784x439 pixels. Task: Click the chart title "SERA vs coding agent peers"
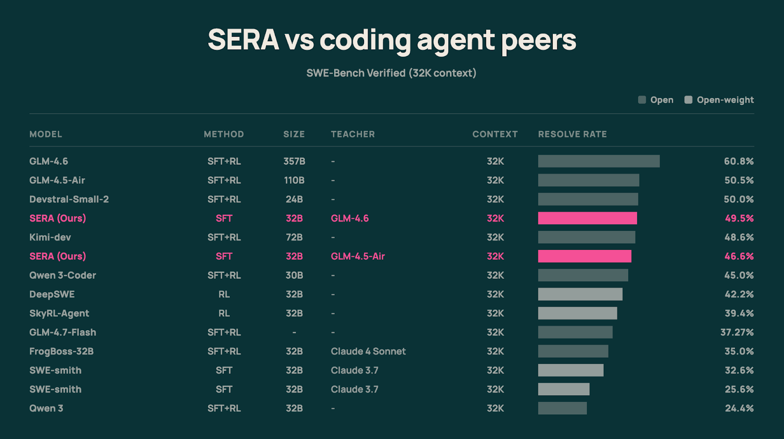(392, 40)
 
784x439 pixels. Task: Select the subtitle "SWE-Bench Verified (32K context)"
(391, 73)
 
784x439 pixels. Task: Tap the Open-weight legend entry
(719, 100)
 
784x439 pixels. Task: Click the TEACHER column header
(353, 134)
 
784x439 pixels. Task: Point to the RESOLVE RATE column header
(572, 134)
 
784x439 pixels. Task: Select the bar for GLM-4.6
(599, 161)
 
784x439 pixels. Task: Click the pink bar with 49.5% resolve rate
(588, 219)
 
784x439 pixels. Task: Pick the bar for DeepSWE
(580, 294)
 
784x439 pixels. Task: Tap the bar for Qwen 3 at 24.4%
(562, 408)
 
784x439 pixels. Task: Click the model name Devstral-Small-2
(69, 199)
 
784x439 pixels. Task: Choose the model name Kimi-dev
(50, 237)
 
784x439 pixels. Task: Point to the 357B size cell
(294, 161)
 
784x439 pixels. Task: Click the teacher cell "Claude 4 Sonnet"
(368, 351)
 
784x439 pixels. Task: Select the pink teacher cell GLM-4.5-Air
(358, 256)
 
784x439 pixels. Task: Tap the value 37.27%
(737, 332)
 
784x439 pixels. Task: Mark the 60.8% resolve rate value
(739, 161)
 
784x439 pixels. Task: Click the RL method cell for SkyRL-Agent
(224, 313)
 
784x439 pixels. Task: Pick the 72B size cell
(294, 237)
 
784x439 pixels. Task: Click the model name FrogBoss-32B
(61, 351)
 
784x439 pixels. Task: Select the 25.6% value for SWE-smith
(739, 390)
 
